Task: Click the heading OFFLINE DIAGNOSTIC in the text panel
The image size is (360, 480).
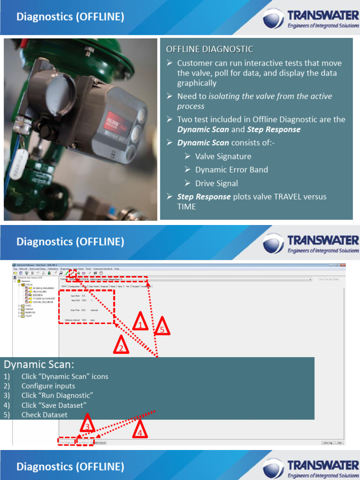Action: point(210,49)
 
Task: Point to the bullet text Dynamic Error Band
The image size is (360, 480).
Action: point(232,170)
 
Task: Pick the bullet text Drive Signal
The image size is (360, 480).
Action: point(217,183)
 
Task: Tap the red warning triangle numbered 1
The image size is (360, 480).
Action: point(140,322)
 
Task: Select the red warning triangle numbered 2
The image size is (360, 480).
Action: point(120,346)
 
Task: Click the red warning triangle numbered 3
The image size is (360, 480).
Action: point(87,425)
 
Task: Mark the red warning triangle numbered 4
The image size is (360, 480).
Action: point(139,430)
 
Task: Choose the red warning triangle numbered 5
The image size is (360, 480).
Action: point(162,327)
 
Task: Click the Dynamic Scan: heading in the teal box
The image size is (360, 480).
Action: point(38,365)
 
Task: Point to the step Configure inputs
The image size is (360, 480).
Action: point(48,386)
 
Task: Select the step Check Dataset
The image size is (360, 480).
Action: point(44,415)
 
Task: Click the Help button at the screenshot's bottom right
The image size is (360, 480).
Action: point(339,442)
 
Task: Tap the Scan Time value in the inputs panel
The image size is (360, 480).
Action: point(83,310)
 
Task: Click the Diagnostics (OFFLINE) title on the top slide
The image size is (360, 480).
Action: point(70,17)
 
